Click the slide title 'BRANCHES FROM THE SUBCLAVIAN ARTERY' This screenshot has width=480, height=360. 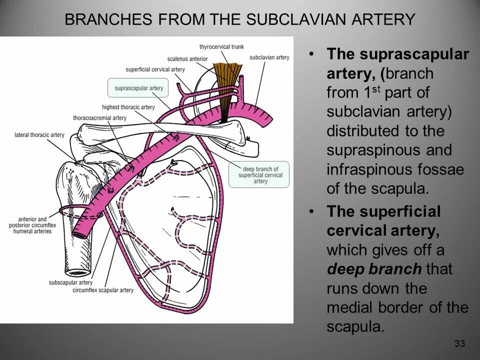pos(240,19)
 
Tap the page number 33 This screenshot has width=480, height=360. pos(460,343)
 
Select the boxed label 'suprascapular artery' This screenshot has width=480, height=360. pos(139,88)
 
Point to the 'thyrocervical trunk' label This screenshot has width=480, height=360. pos(221,47)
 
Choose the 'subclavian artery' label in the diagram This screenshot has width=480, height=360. pos(269,57)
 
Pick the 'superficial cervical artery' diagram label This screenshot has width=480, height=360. pos(155,69)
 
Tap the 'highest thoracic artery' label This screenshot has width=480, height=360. pos(128,107)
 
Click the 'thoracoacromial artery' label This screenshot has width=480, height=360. pos(99,118)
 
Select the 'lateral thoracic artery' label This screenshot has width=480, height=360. pos(39,134)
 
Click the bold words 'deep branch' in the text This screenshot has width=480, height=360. pos(374,269)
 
